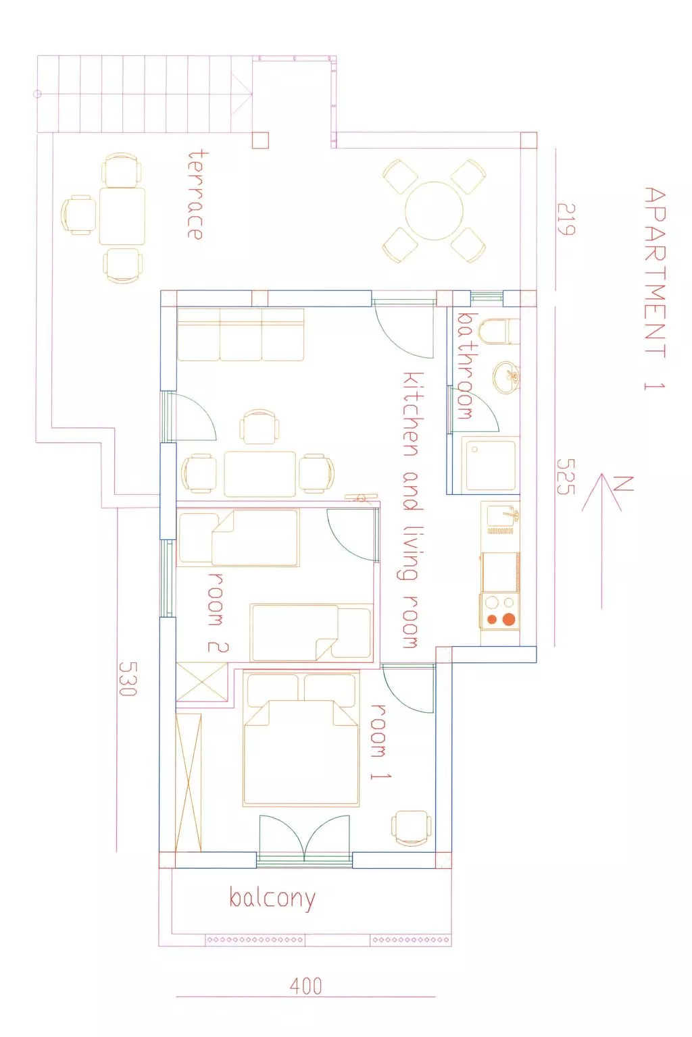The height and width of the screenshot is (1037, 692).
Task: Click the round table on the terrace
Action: coord(434,210)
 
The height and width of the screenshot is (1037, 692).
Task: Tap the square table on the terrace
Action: coord(122,216)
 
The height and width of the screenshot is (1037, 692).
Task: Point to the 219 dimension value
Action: coord(566,219)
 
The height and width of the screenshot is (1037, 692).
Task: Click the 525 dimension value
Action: coord(566,477)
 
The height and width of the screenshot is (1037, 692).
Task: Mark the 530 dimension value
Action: coord(128,679)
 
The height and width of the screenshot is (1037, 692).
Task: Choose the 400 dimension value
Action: coord(305,986)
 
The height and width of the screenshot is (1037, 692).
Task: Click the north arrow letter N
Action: coord(622,484)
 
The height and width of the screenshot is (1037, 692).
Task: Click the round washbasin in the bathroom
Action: coord(505,377)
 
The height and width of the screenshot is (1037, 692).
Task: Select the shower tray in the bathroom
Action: coord(489,465)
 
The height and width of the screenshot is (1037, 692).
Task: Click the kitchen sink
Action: coord(501,516)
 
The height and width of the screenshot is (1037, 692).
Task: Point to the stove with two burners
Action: coord(500,611)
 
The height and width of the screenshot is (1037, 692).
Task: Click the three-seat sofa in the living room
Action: coord(241,335)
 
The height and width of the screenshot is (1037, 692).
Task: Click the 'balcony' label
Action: coord(272,899)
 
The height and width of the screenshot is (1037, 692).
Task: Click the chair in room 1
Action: coord(411,828)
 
